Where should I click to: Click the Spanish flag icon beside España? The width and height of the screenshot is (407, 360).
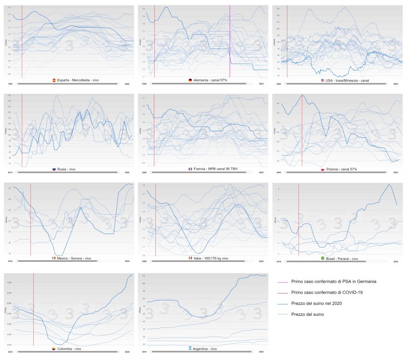click(54, 80)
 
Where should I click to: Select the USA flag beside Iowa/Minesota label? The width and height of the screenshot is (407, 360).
click(322, 80)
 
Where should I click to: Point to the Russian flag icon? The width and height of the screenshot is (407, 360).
click(55, 169)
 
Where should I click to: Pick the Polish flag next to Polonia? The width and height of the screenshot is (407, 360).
click(323, 169)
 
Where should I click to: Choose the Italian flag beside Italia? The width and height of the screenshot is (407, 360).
click(190, 258)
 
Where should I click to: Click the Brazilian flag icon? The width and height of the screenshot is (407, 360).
click(322, 258)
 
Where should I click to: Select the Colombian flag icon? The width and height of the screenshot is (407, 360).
click(54, 349)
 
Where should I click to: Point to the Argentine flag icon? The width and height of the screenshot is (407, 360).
click(190, 349)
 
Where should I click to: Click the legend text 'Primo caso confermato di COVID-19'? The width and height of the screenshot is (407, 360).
click(327, 293)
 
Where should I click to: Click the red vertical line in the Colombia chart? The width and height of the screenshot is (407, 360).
click(33, 307)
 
